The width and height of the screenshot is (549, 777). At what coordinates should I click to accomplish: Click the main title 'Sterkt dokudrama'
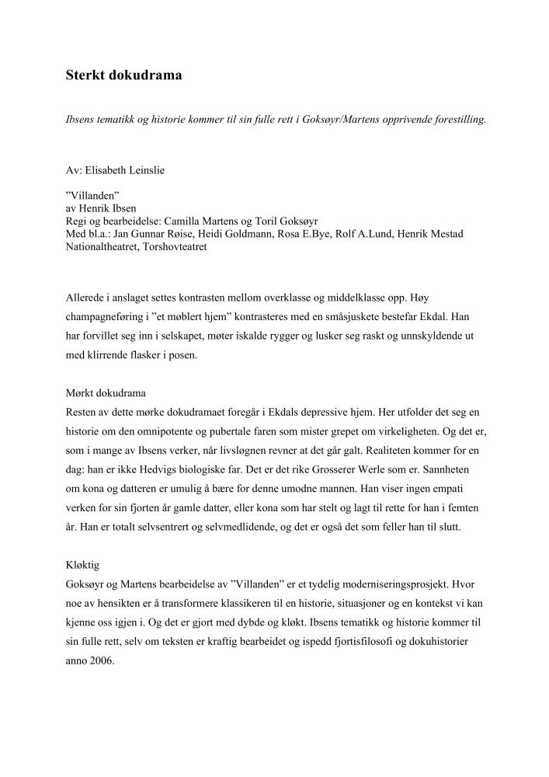tap(123, 75)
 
